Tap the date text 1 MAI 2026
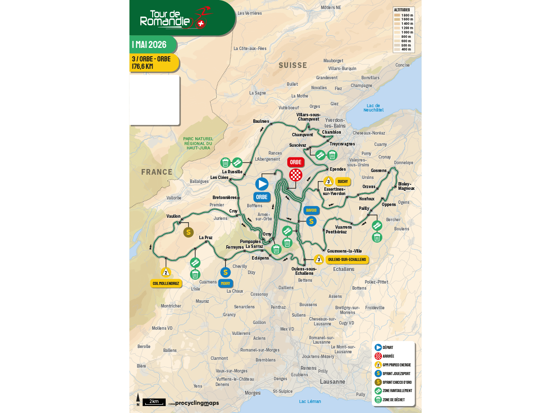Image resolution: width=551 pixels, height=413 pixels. pyautogui.click(x=150, y=45)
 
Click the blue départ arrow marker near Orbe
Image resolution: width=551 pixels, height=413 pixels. pyautogui.click(x=262, y=184)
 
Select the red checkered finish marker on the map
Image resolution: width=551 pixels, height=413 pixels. pyautogui.click(x=296, y=175)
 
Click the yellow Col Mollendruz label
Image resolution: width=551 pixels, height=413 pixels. pyautogui.click(x=166, y=283)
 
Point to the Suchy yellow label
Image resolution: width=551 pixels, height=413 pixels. pyautogui.click(x=343, y=182)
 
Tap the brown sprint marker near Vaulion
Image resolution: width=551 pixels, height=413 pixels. pyautogui.click(x=188, y=232)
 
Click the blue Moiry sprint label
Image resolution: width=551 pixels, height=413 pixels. pyautogui.click(x=225, y=283)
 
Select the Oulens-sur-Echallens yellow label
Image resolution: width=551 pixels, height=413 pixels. pyautogui.click(x=347, y=260)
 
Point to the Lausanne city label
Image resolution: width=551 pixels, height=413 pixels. pyautogui.click(x=333, y=382)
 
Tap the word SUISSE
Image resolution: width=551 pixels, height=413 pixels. pyautogui.click(x=293, y=65)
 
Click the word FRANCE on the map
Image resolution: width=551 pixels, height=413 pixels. pyautogui.click(x=157, y=172)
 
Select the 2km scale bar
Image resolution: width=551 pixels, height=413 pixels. pyautogui.click(x=154, y=402)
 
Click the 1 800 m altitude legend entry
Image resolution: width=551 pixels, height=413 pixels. pyautogui.click(x=403, y=15)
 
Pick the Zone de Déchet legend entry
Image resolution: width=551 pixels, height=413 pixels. pyautogui.click(x=393, y=399)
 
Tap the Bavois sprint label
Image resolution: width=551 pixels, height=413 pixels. pyautogui.click(x=311, y=210)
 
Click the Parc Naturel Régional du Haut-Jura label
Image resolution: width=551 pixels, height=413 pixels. pyautogui.click(x=198, y=143)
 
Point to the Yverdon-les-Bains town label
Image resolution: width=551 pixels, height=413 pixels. pyautogui.click(x=335, y=123)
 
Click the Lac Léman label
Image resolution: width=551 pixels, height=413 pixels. pyautogui.click(x=310, y=401)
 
